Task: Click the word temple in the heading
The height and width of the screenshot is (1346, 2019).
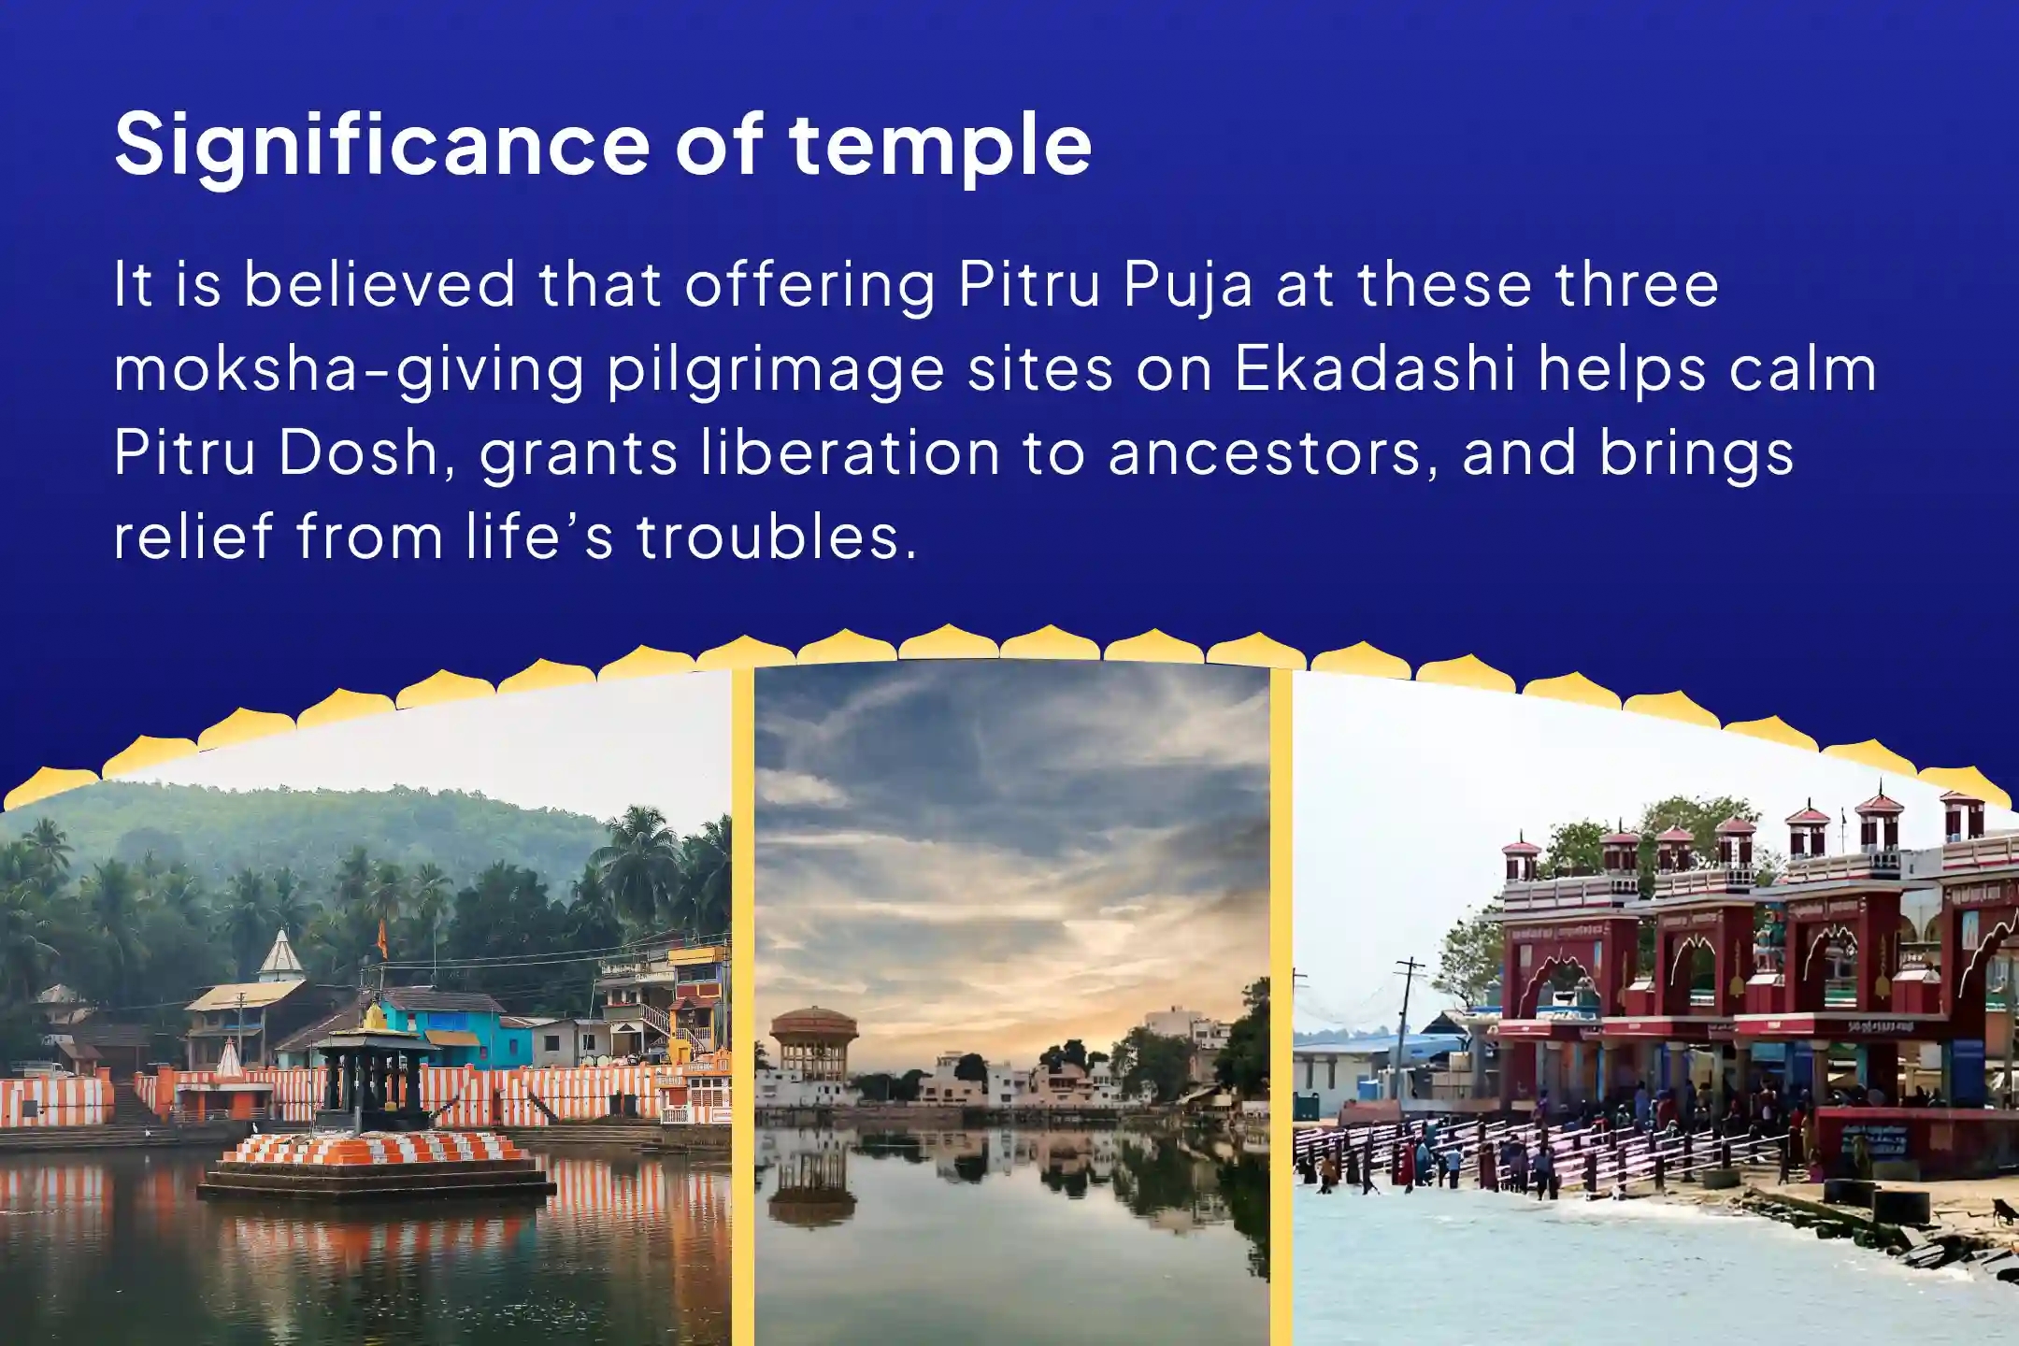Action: (x=939, y=145)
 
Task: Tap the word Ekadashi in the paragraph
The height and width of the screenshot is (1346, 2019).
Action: (x=1374, y=368)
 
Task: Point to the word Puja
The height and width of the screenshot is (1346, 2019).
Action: (x=1187, y=284)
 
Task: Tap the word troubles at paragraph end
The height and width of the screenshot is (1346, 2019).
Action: (x=776, y=537)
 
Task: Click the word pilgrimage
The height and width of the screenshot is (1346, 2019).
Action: (x=776, y=370)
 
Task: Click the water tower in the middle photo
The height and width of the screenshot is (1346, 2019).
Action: (x=812, y=1042)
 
